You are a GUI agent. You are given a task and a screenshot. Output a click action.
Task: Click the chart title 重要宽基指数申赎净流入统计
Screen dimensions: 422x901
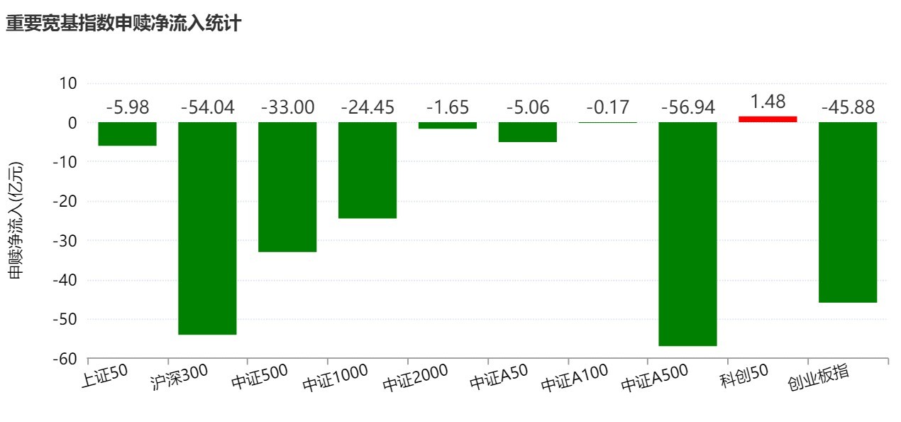(123, 23)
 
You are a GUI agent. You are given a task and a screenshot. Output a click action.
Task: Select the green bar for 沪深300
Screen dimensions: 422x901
(207, 227)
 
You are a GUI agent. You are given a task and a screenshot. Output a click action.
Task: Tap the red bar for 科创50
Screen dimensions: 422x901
(768, 119)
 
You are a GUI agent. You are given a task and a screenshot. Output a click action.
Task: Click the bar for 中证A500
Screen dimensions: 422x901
(687, 234)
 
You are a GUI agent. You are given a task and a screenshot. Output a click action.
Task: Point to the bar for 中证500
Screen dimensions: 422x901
(287, 187)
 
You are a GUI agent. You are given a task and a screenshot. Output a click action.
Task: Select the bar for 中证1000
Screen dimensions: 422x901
(367, 170)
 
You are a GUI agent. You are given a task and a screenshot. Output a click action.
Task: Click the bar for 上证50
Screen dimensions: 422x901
(127, 134)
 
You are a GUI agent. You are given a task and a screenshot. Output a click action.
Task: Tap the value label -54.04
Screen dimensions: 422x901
(207, 108)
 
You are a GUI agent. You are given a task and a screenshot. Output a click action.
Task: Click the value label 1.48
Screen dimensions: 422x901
(768, 102)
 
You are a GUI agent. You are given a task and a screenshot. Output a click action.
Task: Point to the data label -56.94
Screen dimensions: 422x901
(687, 108)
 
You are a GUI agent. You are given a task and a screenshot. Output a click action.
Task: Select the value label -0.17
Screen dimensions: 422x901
(607, 108)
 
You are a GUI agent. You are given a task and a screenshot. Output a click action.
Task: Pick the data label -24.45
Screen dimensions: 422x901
(367, 108)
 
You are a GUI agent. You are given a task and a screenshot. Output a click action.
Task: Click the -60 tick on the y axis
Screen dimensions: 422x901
(64, 359)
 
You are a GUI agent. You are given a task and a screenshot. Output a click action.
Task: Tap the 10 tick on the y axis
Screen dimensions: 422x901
(67, 83)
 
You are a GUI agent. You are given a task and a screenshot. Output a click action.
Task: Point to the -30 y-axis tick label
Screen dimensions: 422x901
(64, 241)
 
